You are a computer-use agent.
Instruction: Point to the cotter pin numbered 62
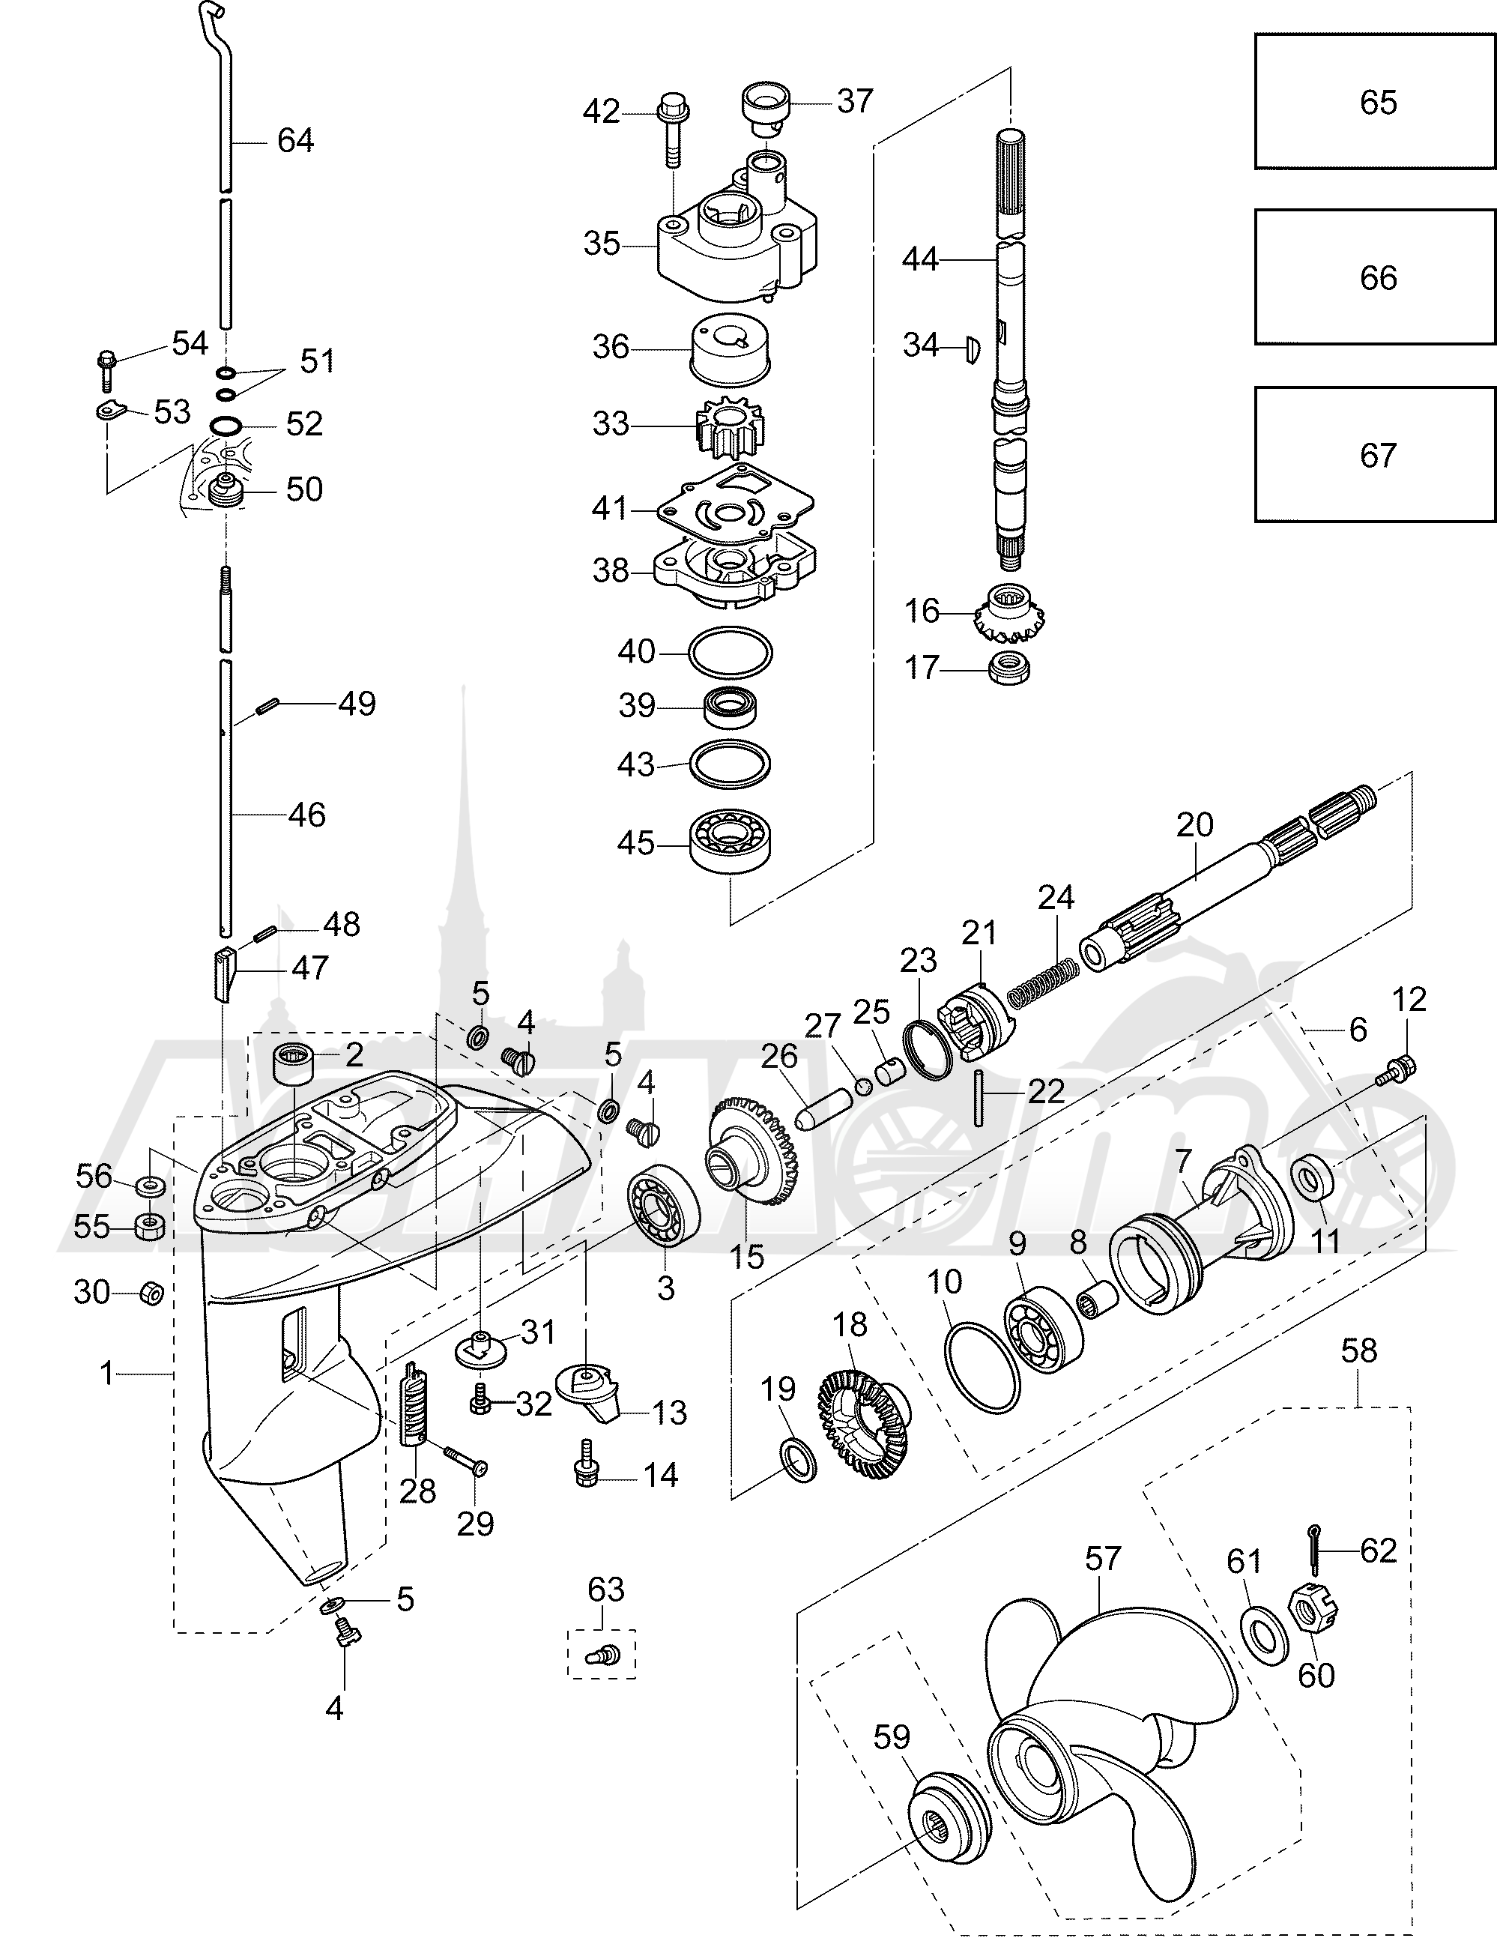tap(1316, 1551)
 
